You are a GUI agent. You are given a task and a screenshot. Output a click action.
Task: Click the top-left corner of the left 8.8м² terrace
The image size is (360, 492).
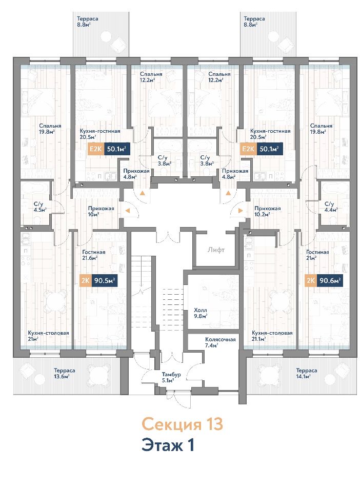[73, 12]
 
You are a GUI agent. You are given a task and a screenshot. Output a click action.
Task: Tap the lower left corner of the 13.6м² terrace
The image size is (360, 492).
[13, 395]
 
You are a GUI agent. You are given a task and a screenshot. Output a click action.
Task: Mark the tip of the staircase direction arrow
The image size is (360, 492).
[141, 293]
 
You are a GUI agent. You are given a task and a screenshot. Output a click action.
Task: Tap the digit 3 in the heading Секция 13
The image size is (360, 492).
[218, 424]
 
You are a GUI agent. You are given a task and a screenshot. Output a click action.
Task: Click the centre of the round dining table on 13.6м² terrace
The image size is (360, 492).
[97, 374]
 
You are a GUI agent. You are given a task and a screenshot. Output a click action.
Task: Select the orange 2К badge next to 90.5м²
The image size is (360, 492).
[85, 280]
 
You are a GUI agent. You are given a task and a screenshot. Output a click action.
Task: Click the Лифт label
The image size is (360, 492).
[216, 250]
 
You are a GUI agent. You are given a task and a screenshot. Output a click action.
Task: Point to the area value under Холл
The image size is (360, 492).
[201, 316]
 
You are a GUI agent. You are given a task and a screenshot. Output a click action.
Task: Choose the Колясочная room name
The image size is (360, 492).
[221, 339]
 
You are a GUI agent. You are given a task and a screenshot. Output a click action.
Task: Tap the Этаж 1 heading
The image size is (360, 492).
[168, 445]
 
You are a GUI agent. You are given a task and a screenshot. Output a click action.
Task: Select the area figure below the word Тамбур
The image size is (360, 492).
[168, 380]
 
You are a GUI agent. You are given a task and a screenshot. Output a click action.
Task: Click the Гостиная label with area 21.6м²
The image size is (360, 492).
[93, 252]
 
